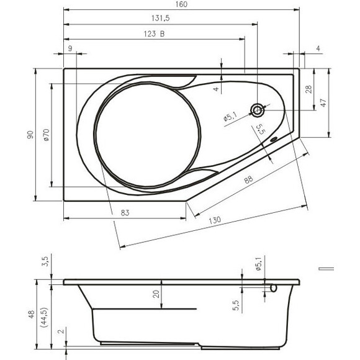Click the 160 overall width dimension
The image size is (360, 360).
point(182,4)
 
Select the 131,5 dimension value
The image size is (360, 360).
point(161,18)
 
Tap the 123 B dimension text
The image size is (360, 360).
point(154,34)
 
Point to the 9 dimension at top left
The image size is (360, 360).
point(70,48)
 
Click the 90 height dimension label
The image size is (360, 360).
point(30,135)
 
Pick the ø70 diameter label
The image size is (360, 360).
point(46,135)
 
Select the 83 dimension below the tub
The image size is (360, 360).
point(125,213)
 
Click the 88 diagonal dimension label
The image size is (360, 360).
point(248,179)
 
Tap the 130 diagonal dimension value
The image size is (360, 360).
point(215,220)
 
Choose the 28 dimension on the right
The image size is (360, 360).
point(309,89)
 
